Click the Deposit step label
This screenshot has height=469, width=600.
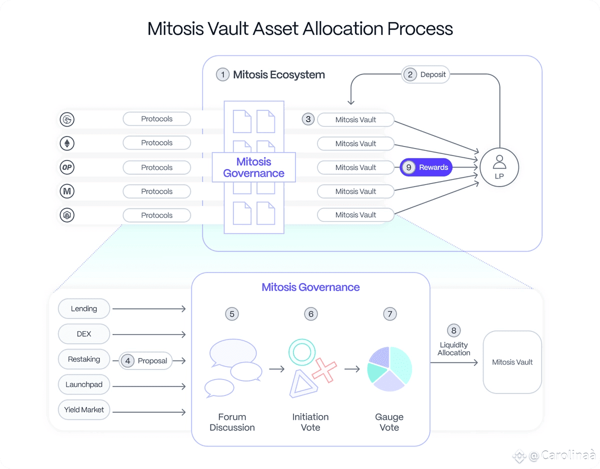425,74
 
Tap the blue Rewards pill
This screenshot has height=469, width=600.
426,167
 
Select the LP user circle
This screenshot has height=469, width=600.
499,167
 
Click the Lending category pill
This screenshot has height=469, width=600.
84,308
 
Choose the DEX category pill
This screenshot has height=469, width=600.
84,334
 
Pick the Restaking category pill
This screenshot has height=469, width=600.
84,359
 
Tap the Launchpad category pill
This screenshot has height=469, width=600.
84,384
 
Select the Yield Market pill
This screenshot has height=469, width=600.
84,410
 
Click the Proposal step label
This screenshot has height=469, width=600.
145,361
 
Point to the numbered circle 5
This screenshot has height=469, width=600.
232,314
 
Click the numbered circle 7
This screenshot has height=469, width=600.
390,314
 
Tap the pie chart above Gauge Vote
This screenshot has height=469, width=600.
389,369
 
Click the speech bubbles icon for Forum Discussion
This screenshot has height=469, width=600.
233,368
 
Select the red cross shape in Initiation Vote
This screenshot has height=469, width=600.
324,370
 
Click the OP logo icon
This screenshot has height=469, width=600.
67,167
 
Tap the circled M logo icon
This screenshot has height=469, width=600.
67,191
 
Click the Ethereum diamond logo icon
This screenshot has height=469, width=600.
67,143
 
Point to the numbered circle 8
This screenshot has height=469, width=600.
453,330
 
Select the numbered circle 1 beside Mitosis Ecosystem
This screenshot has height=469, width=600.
222,74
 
